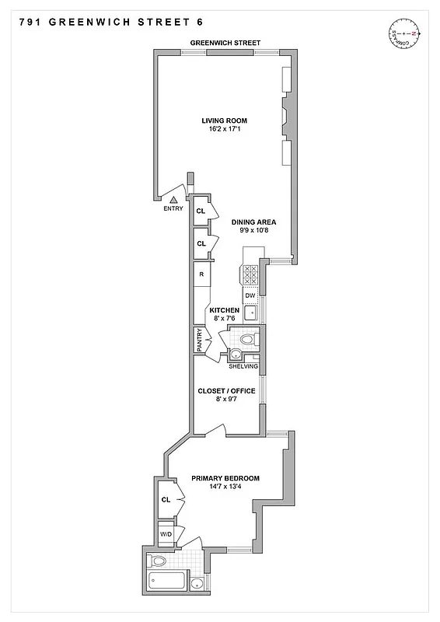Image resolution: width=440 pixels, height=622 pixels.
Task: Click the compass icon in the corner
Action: tap(405, 34)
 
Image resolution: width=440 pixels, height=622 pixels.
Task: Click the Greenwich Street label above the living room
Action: tap(226, 43)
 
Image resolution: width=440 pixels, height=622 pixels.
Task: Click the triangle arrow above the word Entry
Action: tap(173, 200)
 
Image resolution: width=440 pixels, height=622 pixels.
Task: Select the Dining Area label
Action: tap(254, 222)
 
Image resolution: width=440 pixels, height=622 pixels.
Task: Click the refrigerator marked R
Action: tap(201, 274)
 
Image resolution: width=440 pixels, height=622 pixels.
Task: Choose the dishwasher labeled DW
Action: tap(250, 295)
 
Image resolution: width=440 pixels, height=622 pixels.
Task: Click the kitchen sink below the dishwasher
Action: tap(250, 314)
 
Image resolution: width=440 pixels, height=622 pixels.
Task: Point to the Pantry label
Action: tap(200, 341)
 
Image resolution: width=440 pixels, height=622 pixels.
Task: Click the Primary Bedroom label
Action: tap(225, 478)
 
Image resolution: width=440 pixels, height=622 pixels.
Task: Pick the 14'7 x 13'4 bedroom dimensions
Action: tap(225, 488)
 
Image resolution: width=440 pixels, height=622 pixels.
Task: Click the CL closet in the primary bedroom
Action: tap(166, 501)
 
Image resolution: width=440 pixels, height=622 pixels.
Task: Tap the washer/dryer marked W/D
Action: tap(166, 534)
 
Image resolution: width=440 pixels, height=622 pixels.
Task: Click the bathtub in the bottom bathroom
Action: tap(166, 582)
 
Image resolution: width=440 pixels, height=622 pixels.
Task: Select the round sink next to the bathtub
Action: tap(198, 584)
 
